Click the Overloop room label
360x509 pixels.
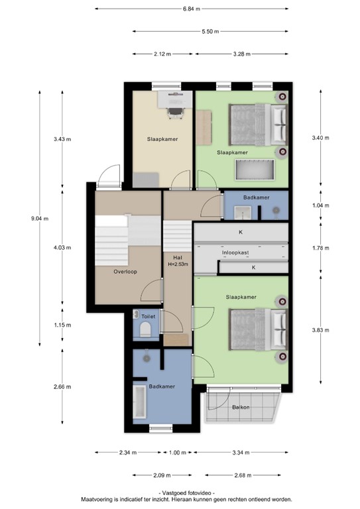pos(125,271)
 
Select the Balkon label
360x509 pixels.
pos(241,407)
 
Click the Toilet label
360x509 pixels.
pos(148,317)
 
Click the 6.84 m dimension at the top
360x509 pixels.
pos(191,9)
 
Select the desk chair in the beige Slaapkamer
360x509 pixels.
pos(175,113)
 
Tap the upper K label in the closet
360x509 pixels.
pos(241,233)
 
